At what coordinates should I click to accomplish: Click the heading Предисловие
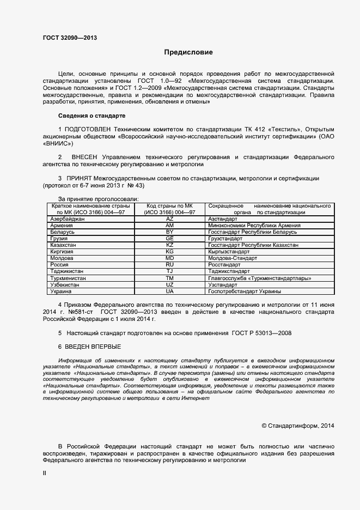click(x=188, y=53)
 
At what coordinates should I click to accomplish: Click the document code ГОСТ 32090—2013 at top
click(x=70, y=38)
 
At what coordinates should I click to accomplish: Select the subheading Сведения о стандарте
click(x=91, y=116)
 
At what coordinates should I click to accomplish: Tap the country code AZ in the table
click(x=169, y=218)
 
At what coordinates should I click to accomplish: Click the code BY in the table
click(x=169, y=232)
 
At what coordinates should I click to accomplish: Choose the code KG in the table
click(x=169, y=252)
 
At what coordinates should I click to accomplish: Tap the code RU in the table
click(x=169, y=265)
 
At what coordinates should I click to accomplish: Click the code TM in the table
click(x=169, y=278)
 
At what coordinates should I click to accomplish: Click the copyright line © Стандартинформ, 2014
click(x=298, y=425)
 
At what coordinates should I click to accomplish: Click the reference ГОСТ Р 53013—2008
click(x=262, y=333)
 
